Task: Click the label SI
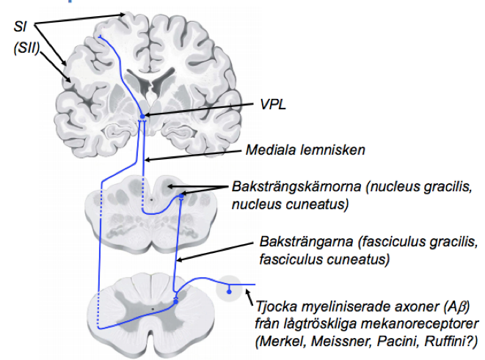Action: point(21,26)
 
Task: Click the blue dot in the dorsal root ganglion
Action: point(229,292)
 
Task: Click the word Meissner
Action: point(330,341)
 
